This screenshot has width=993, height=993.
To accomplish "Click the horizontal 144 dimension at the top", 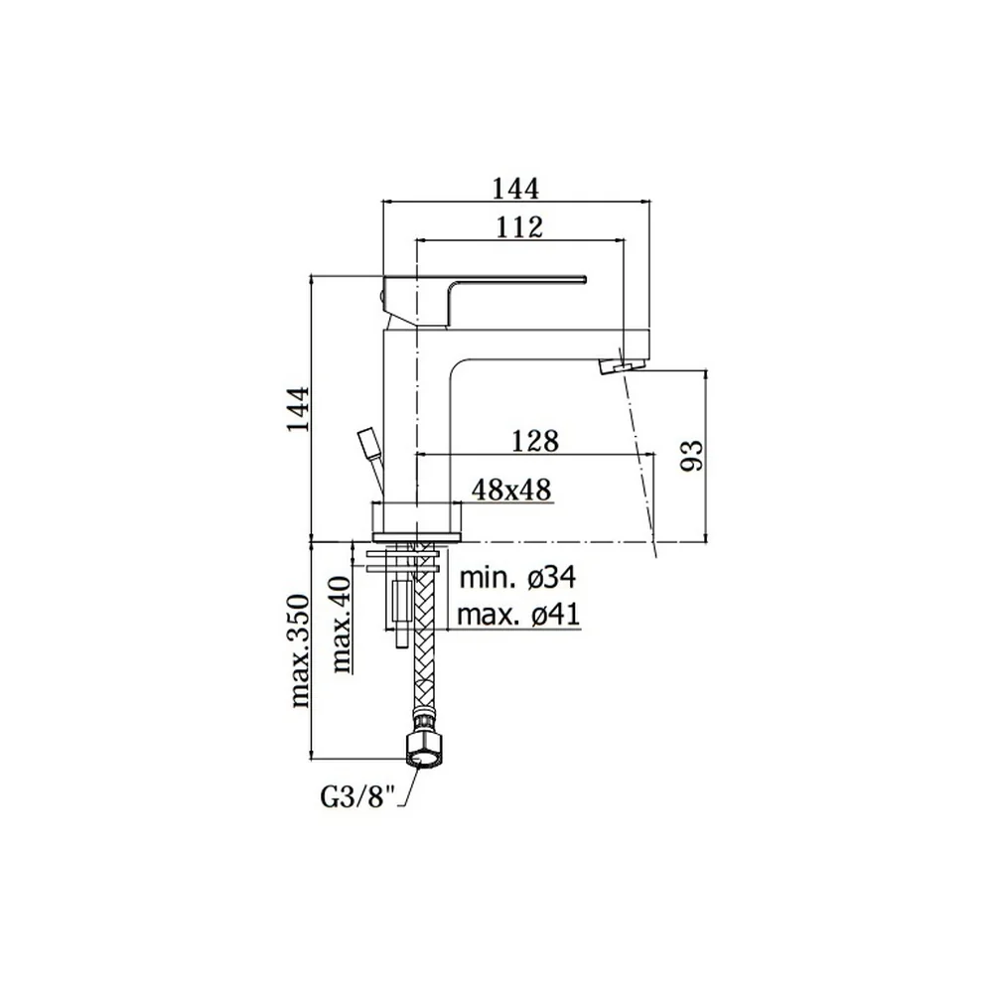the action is click(515, 189).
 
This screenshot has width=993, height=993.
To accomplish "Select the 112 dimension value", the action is click(518, 226).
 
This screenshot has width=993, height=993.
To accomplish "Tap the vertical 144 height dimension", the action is click(298, 408).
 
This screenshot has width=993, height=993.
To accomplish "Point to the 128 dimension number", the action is click(535, 441).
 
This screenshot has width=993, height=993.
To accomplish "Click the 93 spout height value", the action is click(691, 455).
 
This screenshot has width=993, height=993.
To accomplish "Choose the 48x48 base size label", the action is click(511, 490).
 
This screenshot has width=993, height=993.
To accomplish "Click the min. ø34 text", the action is click(517, 578).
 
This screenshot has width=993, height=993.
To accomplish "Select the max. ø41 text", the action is click(518, 615).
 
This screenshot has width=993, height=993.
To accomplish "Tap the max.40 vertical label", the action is click(342, 624).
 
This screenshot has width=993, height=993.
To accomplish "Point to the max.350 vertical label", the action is click(300, 651).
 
